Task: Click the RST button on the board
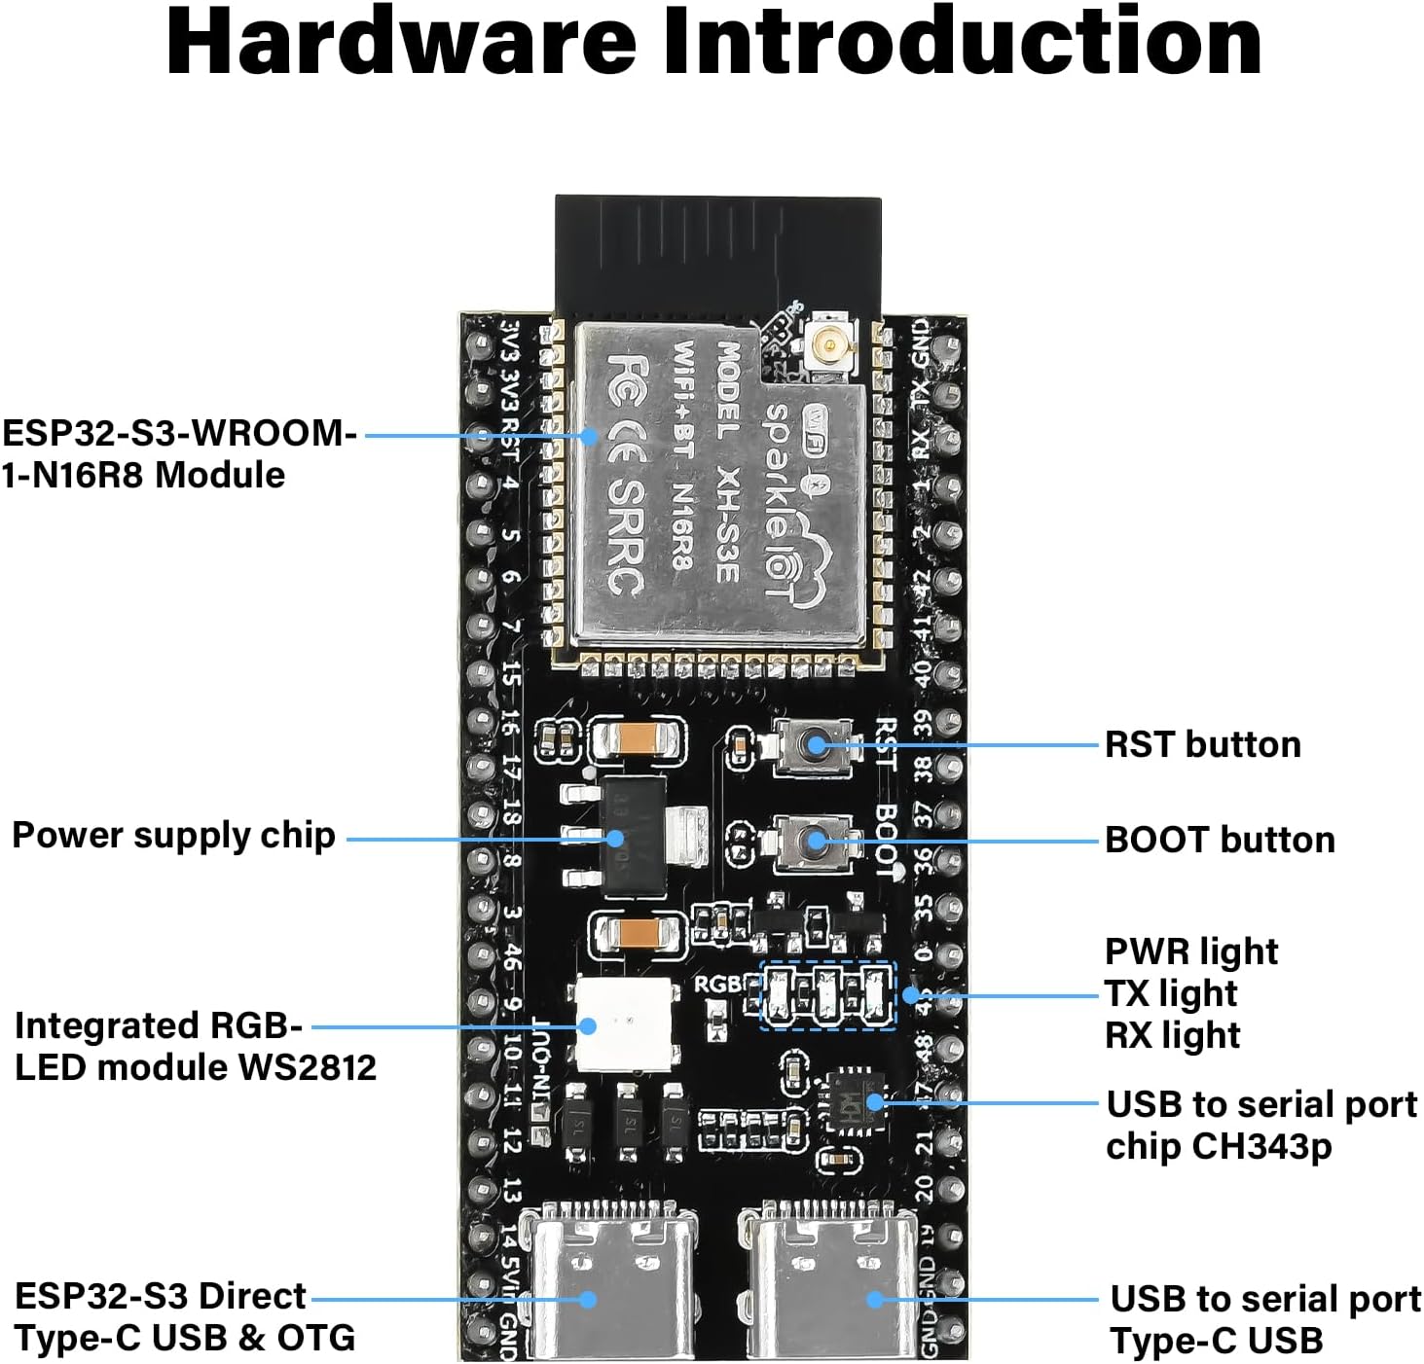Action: pyautogui.click(x=813, y=746)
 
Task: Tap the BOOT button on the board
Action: pyautogui.click(x=813, y=841)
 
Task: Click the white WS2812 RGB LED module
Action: pyautogui.click(x=625, y=1023)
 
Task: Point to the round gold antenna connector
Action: pyautogui.click(x=830, y=343)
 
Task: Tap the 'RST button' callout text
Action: pyautogui.click(x=1202, y=744)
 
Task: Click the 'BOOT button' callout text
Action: pyautogui.click(x=1220, y=840)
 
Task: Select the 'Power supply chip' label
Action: pyautogui.click(x=173, y=836)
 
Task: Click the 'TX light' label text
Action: pyautogui.click(x=1171, y=993)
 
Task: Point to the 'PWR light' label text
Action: pyautogui.click(x=1191, y=951)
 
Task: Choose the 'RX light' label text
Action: pyautogui.click(x=1173, y=1035)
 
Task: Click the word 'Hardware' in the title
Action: pyautogui.click(x=400, y=43)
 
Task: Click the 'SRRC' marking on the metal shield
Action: pyautogui.click(x=626, y=537)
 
